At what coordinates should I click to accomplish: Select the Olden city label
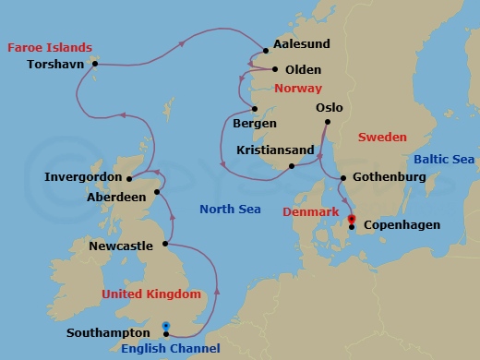pos(304,69)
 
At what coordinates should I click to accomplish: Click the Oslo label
pos(330,107)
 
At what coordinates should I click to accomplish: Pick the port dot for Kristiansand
pos(292,166)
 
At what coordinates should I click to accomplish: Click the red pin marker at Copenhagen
pos(352,219)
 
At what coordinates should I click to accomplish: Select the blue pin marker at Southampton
pos(166,326)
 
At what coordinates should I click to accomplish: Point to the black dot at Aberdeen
pos(158,192)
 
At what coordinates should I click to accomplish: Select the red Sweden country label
pos(382,137)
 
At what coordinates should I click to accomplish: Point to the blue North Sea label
pos(230,210)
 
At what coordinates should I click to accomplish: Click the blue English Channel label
pos(170,348)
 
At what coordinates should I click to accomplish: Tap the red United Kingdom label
pos(150,294)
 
